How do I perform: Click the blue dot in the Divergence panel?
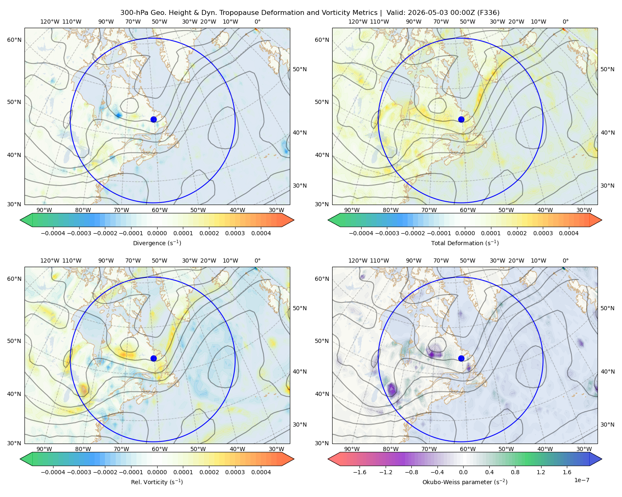pyautogui.click(x=153, y=119)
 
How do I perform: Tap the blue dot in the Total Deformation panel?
pyautogui.click(x=461, y=119)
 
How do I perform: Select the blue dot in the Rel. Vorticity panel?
pyautogui.click(x=153, y=358)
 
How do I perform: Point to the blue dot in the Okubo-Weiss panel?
pyautogui.click(x=461, y=358)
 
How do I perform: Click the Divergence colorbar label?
pyautogui.click(x=157, y=243)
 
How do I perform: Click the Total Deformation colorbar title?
pyautogui.click(x=465, y=243)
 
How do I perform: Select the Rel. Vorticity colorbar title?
pyautogui.click(x=157, y=482)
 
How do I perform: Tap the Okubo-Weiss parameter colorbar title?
pyautogui.click(x=465, y=482)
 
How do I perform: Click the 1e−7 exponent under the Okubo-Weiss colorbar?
pyautogui.click(x=581, y=480)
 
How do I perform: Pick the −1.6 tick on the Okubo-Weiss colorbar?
pyautogui.click(x=360, y=472)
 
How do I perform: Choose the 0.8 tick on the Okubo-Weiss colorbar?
pyautogui.click(x=515, y=472)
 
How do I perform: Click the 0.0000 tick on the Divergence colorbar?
pyautogui.click(x=157, y=233)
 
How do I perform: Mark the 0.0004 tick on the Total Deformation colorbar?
pyautogui.click(x=569, y=233)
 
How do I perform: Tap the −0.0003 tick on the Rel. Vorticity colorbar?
pyautogui.click(x=79, y=472)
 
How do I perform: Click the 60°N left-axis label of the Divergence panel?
pyautogui.click(x=14, y=40)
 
